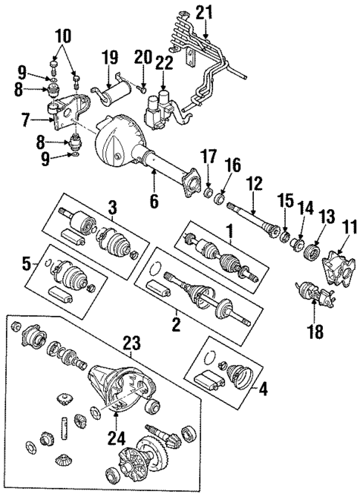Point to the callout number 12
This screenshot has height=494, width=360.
(255, 182)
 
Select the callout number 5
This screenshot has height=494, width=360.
(28, 263)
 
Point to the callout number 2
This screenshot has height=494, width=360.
(175, 325)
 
